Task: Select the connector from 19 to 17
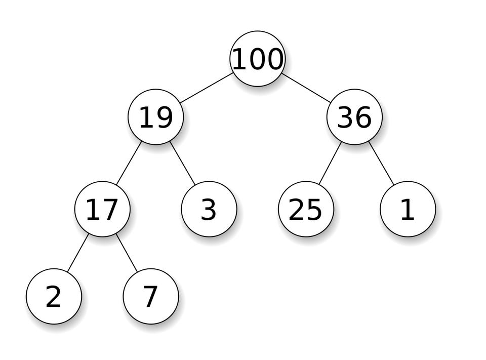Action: click(127, 166)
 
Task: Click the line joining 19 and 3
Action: click(185, 167)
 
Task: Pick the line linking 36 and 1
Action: click(384, 168)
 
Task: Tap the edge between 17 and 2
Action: click(76, 256)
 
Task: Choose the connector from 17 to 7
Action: click(129, 257)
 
